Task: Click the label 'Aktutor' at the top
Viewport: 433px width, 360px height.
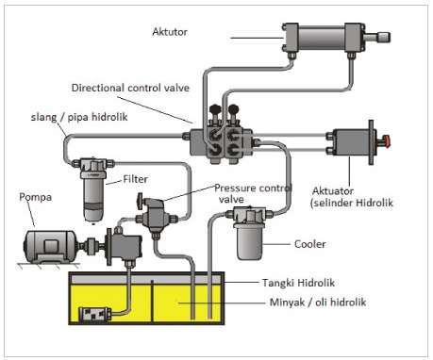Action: [171, 31]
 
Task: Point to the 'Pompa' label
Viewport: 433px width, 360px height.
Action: [34, 199]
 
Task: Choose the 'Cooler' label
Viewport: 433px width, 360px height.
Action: [309, 243]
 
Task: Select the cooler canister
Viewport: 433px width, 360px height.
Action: [250, 239]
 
